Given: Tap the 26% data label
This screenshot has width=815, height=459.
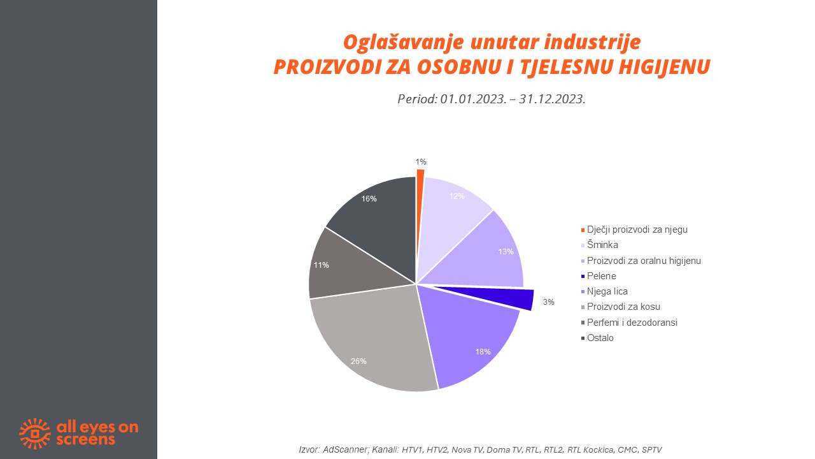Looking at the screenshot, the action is [x=358, y=361].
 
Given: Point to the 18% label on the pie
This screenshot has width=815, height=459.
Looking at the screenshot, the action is [x=483, y=351].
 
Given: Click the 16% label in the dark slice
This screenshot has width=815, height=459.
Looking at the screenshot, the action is [x=369, y=198].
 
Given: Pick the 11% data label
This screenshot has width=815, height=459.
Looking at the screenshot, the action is [x=322, y=265].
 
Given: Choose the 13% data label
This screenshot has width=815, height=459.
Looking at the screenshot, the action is [x=506, y=251].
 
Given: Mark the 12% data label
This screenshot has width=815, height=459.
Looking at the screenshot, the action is [x=457, y=196].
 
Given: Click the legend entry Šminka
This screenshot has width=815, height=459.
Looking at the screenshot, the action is [x=600, y=245].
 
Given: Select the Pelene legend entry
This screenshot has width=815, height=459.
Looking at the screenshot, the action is [x=599, y=276].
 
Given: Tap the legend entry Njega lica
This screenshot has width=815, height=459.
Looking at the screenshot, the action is [x=604, y=291].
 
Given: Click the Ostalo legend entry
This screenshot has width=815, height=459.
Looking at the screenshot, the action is [x=597, y=338].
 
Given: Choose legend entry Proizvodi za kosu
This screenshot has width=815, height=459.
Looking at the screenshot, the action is [x=620, y=307].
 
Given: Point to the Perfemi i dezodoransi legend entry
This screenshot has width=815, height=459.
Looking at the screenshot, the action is [x=629, y=323].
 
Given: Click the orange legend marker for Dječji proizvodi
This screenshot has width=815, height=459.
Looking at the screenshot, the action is [x=583, y=230].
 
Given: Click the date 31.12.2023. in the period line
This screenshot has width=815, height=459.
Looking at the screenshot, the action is [x=552, y=99].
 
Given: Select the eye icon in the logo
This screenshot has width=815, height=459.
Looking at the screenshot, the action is [x=35, y=433].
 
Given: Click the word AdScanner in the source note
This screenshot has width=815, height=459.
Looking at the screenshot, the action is [x=345, y=449].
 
